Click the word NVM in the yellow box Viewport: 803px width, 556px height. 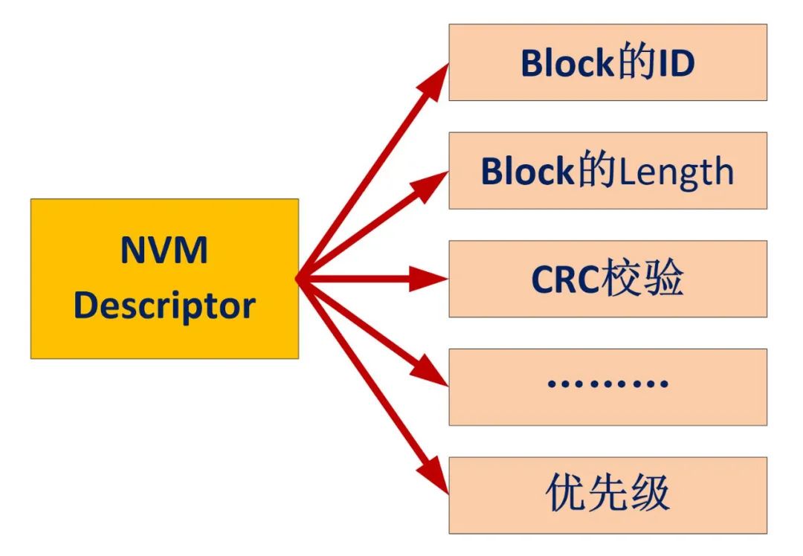tap(164, 251)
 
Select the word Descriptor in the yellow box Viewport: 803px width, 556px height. tap(164, 305)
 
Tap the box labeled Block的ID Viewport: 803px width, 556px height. tap(607, 62)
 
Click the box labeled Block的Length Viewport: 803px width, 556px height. tap(607, 171)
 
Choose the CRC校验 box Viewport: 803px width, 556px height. tap(607, 279)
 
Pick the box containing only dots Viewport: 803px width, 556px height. tap(607, 387)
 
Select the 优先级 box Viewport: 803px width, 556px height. tap(607, 494)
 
